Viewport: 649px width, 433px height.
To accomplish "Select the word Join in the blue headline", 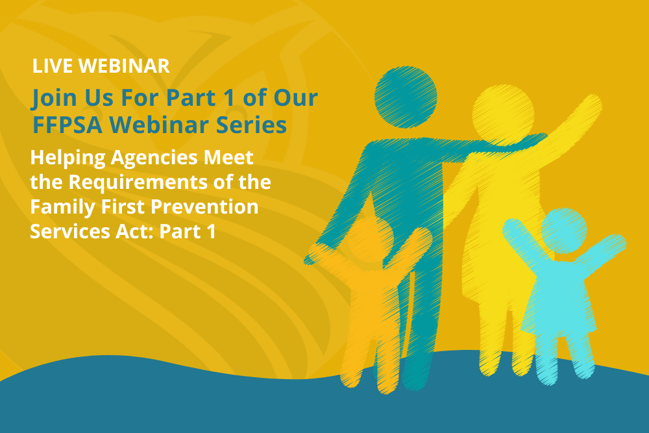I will (53, 98).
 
